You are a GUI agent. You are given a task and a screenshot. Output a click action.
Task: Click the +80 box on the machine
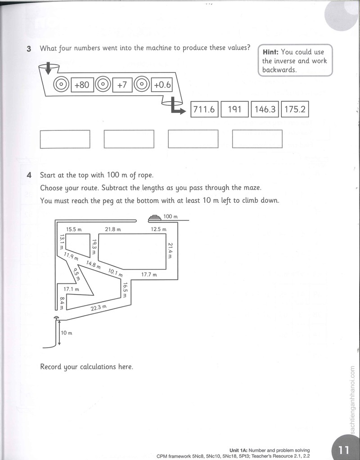tap(82, 85)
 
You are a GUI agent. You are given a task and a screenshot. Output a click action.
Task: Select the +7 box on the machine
tap(122, 85)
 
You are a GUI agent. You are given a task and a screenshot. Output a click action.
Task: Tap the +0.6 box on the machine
tap(162, 85)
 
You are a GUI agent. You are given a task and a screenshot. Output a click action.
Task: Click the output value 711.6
tap(204, 109)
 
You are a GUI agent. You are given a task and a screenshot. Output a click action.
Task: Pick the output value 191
tap(234, 109)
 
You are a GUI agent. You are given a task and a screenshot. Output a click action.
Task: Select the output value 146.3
tap(265, 109)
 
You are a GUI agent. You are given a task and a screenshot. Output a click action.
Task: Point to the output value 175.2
tap(295, 109)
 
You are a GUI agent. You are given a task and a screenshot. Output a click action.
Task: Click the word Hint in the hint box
tap(270, 52)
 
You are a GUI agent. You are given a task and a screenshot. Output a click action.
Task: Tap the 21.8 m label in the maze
tap(113, 229)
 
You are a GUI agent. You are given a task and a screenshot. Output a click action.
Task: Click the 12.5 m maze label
tap(158, 229)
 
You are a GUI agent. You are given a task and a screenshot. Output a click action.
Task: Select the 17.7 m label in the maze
tap(149, 275)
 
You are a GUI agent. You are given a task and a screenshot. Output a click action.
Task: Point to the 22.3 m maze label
tap(99, 308)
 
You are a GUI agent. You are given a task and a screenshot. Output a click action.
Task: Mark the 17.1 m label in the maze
tap(72, 289)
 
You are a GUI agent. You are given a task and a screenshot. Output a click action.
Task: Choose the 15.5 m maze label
tap(73, 229)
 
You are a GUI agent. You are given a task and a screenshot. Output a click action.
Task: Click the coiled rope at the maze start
tap(154, 218)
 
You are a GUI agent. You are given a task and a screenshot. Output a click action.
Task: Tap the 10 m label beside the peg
tap(66, 333)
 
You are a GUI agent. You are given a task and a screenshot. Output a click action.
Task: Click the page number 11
tap(343, 450)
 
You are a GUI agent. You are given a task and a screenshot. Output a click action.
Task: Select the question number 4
tap(29, 175)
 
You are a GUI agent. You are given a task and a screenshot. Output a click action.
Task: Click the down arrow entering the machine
tap(49, 68)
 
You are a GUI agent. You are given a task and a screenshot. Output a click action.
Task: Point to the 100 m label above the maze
tap(171, 216)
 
